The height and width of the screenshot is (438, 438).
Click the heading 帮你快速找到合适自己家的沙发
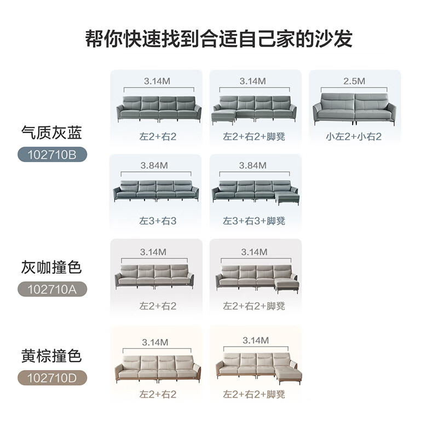coord(219,39)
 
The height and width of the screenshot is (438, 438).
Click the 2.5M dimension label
coord(354,82)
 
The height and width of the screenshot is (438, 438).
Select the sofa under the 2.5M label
coord(354,108)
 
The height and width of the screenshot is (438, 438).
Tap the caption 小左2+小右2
coord(354,137)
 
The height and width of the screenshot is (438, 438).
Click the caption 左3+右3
coord(158,221)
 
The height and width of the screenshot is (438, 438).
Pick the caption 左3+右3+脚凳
coord(254,221)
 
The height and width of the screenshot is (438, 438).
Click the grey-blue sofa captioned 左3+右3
coord(157,190)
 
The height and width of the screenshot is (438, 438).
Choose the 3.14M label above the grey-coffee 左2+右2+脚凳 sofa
coord(254,252)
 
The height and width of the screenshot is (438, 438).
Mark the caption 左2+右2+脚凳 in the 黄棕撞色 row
coord(254,394)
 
